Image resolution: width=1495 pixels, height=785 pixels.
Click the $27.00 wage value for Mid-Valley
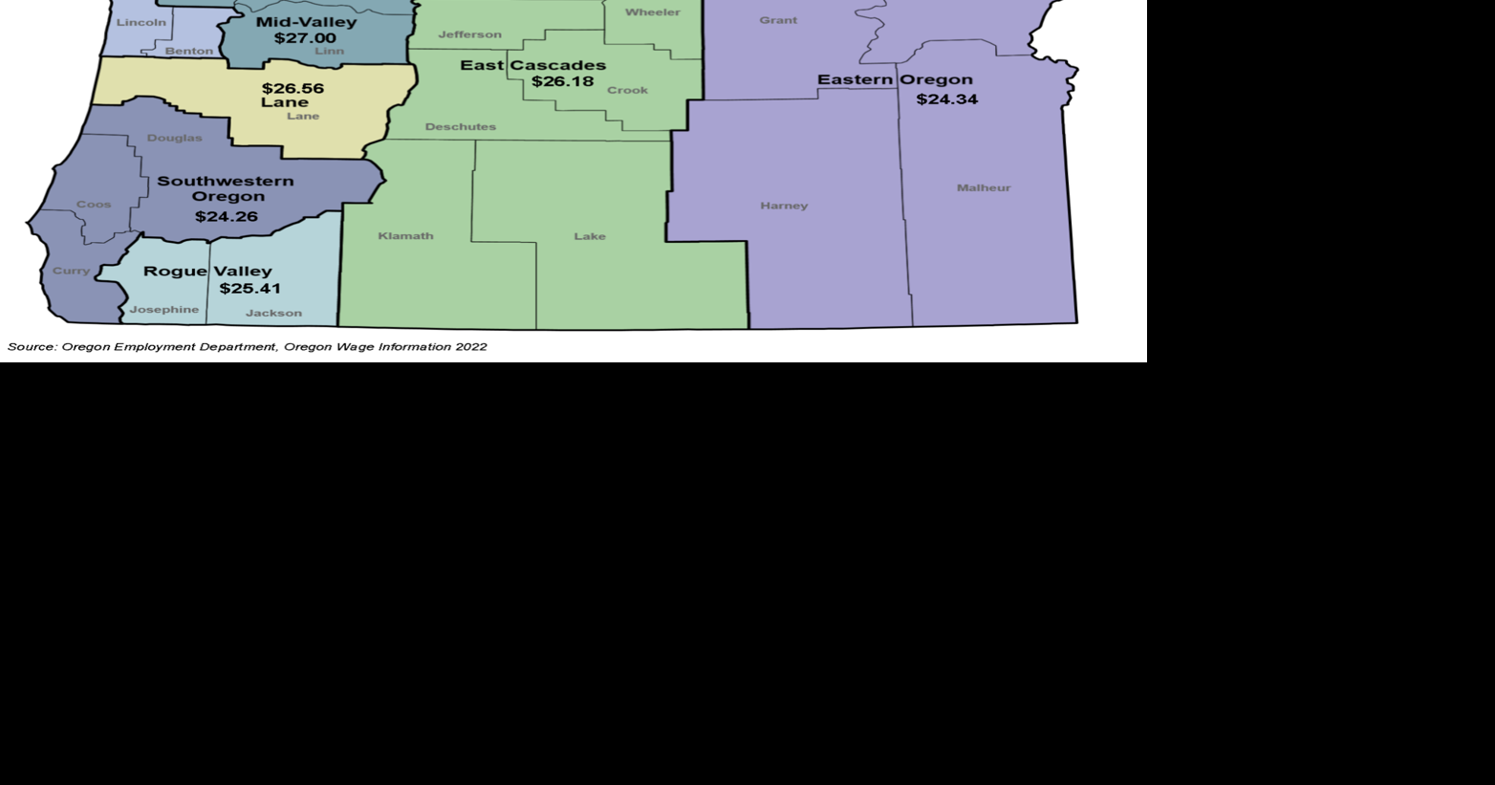[305, 38]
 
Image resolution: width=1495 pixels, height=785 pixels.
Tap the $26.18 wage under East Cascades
[563, 81]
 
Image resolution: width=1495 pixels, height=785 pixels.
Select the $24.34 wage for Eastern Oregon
[947, 99]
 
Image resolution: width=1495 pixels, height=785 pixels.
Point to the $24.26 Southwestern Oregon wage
[227, 216]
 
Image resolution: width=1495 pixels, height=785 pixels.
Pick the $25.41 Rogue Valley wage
[250, 288]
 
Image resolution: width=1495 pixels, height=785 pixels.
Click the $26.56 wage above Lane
[292, 88]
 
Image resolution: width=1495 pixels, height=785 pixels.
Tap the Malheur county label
[984, 187]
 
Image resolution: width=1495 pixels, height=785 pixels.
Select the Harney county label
[784, 206]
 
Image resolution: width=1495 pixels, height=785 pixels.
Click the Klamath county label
[405, 235]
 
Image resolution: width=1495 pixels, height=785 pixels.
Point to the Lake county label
[590, 236]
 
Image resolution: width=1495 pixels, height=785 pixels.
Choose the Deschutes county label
[461, 126]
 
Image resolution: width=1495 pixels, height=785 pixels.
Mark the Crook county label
[627, 90]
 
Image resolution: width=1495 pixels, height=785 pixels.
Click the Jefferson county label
[469, 34]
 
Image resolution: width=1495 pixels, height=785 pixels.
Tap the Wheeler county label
[653, 12]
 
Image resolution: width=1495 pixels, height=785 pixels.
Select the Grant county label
[778, 20]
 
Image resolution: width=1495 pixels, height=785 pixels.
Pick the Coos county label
[94, 204]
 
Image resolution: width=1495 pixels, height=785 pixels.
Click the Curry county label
[71, 271]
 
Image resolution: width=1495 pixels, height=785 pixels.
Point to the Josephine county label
[164, 309]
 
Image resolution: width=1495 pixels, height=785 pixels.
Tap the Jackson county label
[273, 313]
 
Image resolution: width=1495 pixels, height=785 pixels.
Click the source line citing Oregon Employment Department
[247, 346]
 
